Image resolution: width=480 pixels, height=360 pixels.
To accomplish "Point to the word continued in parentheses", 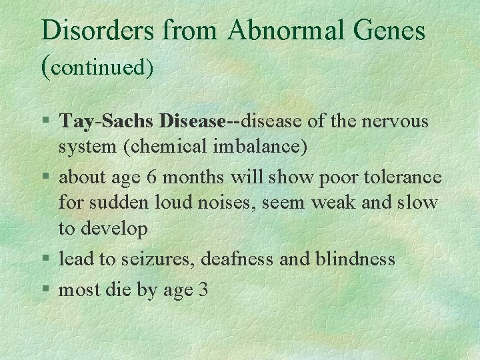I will click(x=101, y=67).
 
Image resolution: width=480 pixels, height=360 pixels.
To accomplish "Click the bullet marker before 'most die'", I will click(x=46, y=290).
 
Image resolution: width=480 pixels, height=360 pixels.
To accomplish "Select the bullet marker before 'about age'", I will click(x=46, y=178).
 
